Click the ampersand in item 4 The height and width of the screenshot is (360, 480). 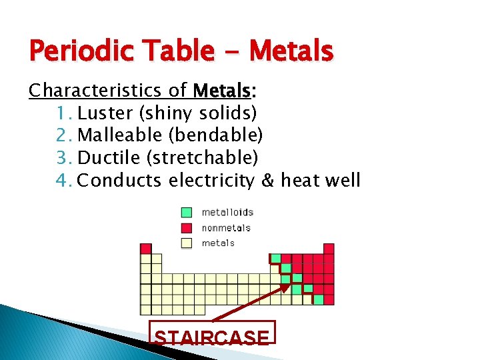[x=269, y=181]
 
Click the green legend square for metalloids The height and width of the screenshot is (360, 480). [x=187, y=213]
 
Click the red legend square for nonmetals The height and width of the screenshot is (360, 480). [x=187, y=228]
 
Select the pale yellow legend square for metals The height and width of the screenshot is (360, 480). [x=187, y=243]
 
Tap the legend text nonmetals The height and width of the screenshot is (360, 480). [x=226, y=228]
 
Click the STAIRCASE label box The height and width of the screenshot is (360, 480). [x=211, y=337]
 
